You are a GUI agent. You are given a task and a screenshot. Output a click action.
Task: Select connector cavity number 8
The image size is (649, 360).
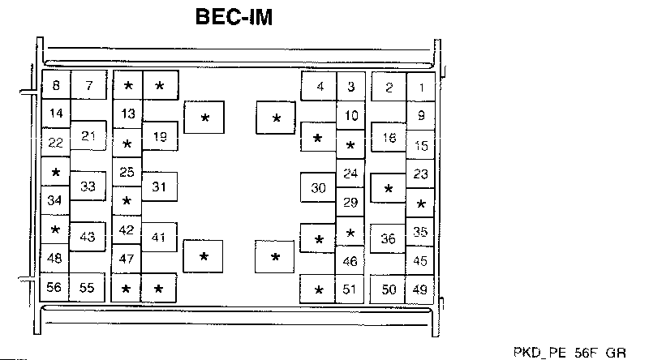(56, 86)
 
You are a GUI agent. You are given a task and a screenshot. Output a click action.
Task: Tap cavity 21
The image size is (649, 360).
(88, 136)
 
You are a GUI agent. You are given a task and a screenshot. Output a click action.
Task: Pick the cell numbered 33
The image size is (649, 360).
(88, 186)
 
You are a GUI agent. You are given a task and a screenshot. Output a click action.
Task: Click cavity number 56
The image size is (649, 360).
(55, 287)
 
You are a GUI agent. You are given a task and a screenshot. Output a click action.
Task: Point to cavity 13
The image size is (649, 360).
(127, 114)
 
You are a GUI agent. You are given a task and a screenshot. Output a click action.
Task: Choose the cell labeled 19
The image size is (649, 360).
(160, 136)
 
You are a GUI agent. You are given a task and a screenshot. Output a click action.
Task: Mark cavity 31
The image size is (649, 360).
(160, 186)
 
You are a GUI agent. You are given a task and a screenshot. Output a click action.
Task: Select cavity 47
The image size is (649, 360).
(127, 259)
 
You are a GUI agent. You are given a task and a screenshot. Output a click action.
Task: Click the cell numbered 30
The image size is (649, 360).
(318, 188)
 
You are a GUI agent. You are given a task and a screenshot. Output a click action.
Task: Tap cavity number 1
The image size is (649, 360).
(420, 88)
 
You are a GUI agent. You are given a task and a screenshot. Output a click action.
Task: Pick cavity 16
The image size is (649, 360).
(389, 138)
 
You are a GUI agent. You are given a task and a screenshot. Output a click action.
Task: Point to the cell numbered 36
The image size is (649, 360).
(389, 238)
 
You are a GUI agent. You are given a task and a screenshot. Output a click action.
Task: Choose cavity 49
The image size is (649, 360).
(420, 289)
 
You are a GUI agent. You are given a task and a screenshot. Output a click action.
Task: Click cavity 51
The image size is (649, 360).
(350, 289)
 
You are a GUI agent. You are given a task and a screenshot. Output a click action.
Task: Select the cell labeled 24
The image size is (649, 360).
(350, 174)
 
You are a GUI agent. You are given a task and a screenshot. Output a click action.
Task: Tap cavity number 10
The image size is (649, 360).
(350, 116)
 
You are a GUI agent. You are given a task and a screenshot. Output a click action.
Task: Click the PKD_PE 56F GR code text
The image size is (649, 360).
(569, 353)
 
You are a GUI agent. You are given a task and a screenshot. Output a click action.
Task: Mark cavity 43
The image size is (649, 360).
(88, 237)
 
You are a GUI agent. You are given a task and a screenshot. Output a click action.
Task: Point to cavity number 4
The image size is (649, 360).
(320, 87)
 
